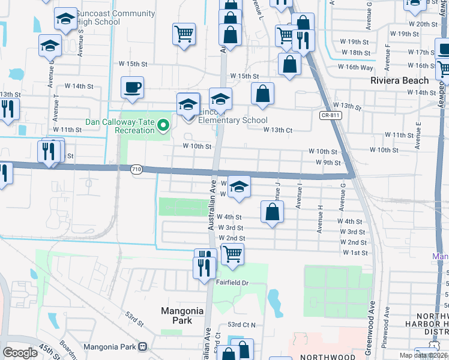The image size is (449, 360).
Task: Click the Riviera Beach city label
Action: [x=399, y=80]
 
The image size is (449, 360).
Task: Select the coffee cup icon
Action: [x=132, y=88]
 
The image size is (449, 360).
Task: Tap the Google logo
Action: [x=20, y=353]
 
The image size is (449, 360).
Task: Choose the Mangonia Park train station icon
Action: [x=143, y=346]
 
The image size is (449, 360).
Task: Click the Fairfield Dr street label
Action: [x=232, y=282]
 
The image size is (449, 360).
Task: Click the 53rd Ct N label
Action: [x=241, y=325]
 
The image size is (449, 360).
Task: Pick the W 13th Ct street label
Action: [x=277, y=130]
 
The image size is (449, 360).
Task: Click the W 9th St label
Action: [x=328, y=163]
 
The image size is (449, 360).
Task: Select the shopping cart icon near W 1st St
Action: [x=232, y=254]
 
